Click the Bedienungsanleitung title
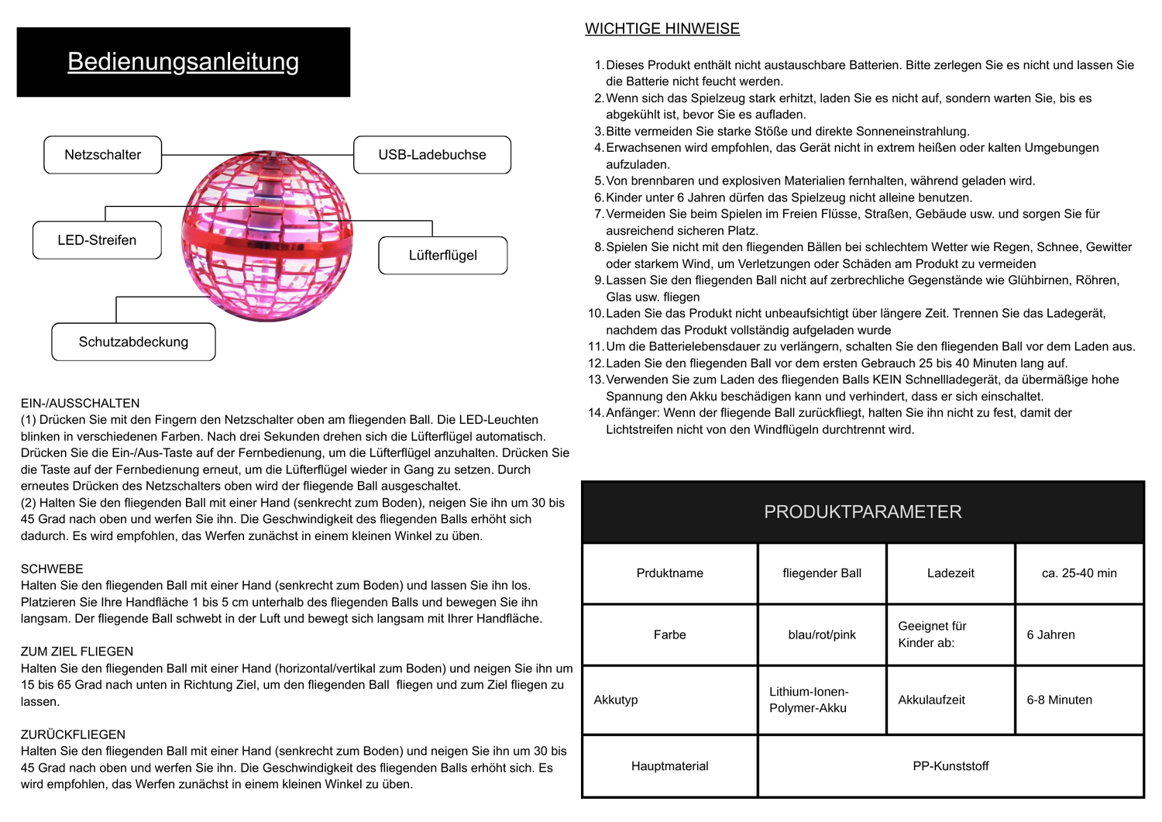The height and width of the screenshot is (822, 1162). pyautogui.click(x=183, y=61)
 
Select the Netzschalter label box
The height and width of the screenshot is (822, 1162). pyautogui.click(x=103, y=155)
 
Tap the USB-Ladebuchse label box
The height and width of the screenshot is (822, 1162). pyautogui.click(x=432, y=155)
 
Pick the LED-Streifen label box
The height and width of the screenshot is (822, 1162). pyautogui.click(x=97, y=240)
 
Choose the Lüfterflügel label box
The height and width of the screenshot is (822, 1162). pyautogui.click(x=442, y=256)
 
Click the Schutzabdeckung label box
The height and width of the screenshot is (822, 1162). pyautogui.click(x=133, y=342)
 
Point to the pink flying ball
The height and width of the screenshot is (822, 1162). pyautogui.click(x=266, y=236)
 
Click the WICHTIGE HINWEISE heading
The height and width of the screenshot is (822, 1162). pyautogui.click(x=662, y=29)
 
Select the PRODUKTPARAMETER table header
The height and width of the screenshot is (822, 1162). pyautogui.click(x=863, y=512)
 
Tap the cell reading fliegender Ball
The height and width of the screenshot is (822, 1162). pyautogui.click(x=822, y=573)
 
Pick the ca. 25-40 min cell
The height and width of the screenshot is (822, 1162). pyautogui.click(x=1079, y=573)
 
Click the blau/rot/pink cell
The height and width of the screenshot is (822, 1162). pyautogui.click(x=822, y=635)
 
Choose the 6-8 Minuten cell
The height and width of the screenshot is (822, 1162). pyautogui.click(x=1059, y=700)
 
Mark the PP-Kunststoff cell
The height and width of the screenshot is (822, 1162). pyautogui.click(x=951, y=766)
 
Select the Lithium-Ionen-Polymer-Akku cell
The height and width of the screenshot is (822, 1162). pyautogui.click(x=809, y=700)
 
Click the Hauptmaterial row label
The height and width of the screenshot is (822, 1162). pyautogui.click(x=670, y=766)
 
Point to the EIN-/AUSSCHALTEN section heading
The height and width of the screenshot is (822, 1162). pyautogui.click(x=81, y=403)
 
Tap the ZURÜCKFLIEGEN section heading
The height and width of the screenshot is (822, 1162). pyautogui.click(x=73, y=734)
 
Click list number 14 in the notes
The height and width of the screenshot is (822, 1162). pyautogui.click(x=595, y=413)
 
